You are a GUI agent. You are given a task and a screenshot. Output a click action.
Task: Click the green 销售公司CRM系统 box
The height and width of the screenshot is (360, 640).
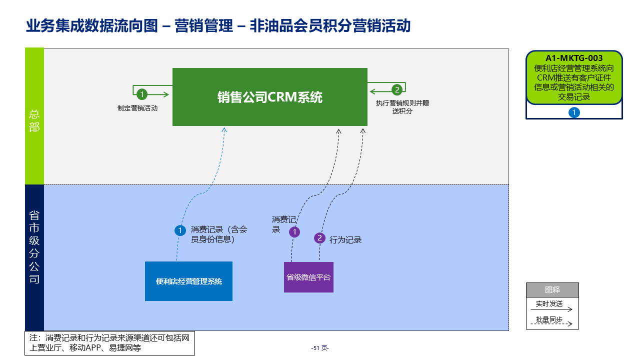tap(270, 97)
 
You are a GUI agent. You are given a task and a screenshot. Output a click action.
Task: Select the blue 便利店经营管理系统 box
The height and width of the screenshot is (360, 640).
tap(188, 281)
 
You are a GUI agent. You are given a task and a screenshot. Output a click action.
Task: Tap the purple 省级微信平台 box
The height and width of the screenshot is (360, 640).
tap(308, 277)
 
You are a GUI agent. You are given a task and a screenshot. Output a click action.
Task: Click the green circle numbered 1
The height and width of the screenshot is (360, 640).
tap(142, 94)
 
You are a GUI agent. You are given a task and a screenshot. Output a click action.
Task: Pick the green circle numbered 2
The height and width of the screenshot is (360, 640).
tap(397, 90)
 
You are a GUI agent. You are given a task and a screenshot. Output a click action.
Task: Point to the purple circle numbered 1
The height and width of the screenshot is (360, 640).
tap(295, 232)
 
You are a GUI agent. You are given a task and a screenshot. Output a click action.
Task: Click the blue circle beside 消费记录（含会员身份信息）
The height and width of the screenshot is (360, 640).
tap(180, 230)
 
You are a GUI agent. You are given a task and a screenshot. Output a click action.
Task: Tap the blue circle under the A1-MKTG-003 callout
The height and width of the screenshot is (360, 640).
tap(574, 112)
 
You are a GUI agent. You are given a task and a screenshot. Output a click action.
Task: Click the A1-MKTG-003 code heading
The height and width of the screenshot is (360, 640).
tap(574, 58)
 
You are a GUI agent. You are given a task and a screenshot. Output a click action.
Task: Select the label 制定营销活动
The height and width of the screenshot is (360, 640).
tap(137, 108)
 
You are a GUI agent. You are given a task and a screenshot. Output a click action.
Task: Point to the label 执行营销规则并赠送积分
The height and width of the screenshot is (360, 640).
tap(402, 107)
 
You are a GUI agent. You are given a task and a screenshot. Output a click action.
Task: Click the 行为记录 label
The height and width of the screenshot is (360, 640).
tap(345, 240)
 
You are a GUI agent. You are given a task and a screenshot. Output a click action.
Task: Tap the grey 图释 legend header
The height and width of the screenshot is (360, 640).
tap(552, 289)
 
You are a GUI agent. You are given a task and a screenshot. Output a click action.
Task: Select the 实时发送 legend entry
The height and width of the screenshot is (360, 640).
tap(549, 303)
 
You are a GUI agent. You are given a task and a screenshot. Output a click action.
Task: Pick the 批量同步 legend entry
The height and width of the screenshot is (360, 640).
tap(549, 319)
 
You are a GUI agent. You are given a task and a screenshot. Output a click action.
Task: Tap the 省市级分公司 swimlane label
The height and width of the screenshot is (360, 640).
tap(34, 247)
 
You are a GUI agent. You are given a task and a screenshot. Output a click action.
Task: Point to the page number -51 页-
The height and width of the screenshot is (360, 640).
tap(320, 348)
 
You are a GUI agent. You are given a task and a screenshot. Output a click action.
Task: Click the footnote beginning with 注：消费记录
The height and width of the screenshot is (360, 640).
tap(109, 343)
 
